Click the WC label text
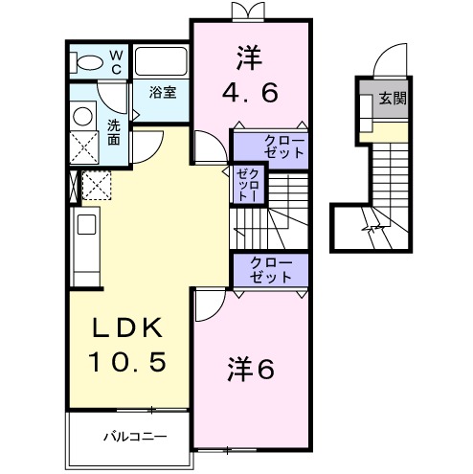coord(115,62)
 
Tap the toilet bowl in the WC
coord(88,63)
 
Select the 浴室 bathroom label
coord(163,93)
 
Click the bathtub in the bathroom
coord(161,62)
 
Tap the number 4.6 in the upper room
coord(251,94)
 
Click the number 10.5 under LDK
coord(129,361)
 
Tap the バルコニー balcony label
coord(135,436)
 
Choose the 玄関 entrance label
coord(392,99)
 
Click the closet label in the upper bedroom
coord(269,147)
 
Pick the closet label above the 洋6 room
coord(269,269)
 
